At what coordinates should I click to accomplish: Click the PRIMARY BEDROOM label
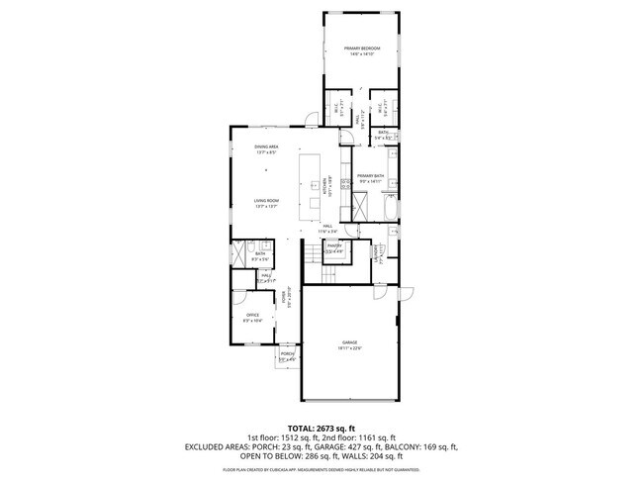[361, 50]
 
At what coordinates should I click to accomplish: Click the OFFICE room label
[252, 317]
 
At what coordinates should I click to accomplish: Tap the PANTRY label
[333, 247]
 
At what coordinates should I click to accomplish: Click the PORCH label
[287, 355]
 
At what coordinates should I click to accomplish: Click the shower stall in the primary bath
[362, 208]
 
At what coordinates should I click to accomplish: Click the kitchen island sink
[315, 205]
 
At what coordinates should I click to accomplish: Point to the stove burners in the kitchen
[344, 183]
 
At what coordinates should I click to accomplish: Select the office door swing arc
[240, 295]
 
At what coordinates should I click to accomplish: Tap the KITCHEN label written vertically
[324, 185]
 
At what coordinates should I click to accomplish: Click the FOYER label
[285, 297]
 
